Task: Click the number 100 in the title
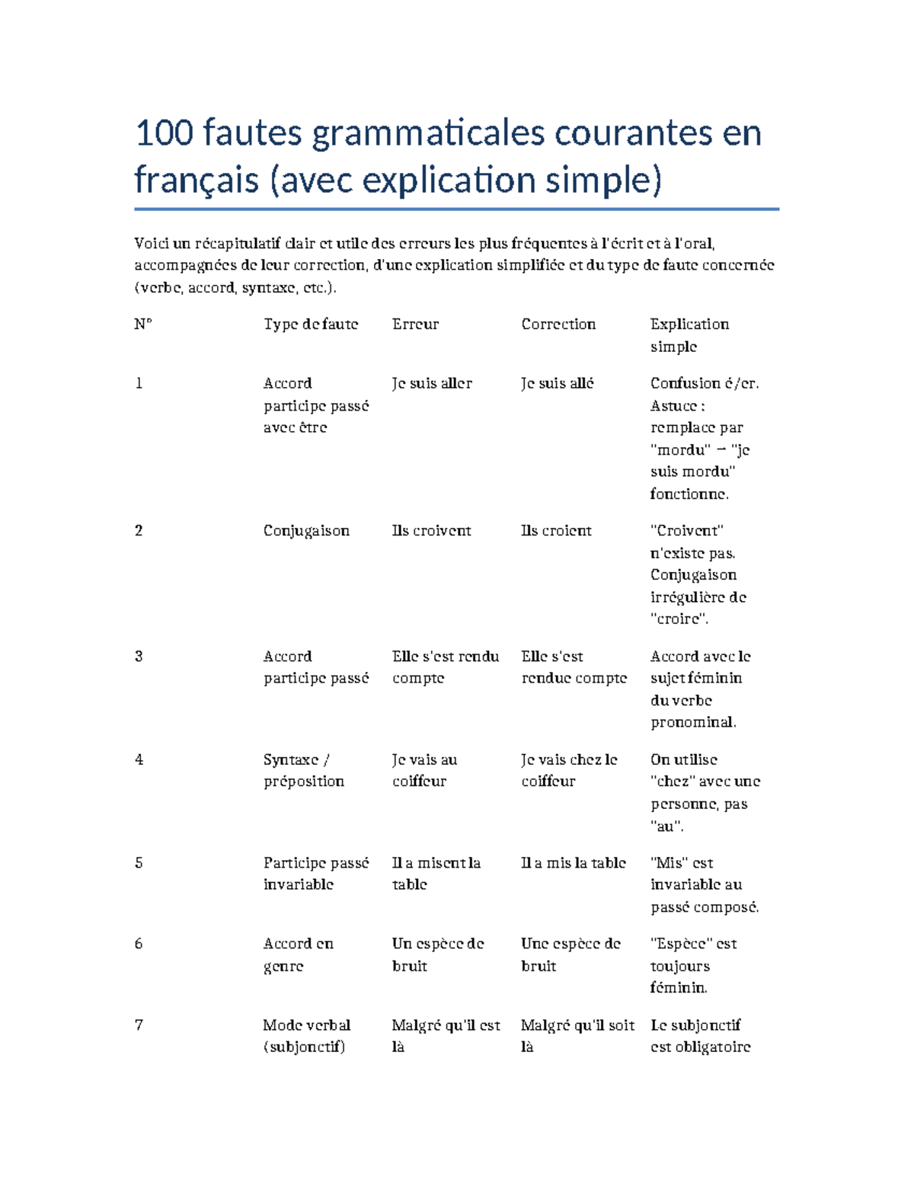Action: click(164, 133)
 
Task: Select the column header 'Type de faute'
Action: click(311, 325)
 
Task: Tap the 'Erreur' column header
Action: click(415, 325)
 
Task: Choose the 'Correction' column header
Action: click(558, 325)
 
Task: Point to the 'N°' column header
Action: click(143, 325)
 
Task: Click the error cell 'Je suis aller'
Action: click(432, 384)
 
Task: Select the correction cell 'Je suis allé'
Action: click(558, 384)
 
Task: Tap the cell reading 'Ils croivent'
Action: click(431, 531)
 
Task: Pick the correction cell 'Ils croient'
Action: click(556, 531)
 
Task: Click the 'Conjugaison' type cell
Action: click(306, 531)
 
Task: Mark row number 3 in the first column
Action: click(139, 657)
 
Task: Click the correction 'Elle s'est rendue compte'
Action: click(574, 667)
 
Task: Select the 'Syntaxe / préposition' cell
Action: click(303, 770)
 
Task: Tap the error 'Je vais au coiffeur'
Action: click(424, 770)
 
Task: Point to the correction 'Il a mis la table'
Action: click(574, 863)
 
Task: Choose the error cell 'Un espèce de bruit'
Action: click(437, 954)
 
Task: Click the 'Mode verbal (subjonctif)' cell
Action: click(306, 1036)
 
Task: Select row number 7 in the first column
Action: click(139, 1025)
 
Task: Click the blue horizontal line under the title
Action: click(456, 209)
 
